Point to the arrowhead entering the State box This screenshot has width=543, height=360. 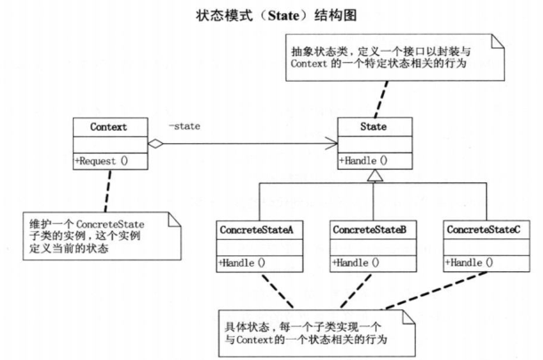coord(331,144)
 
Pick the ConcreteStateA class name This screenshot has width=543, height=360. coord(255,229)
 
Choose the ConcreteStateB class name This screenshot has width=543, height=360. coord(369,229)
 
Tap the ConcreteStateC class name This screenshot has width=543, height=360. coord(483,229)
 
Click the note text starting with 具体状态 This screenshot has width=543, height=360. coord(307,333)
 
